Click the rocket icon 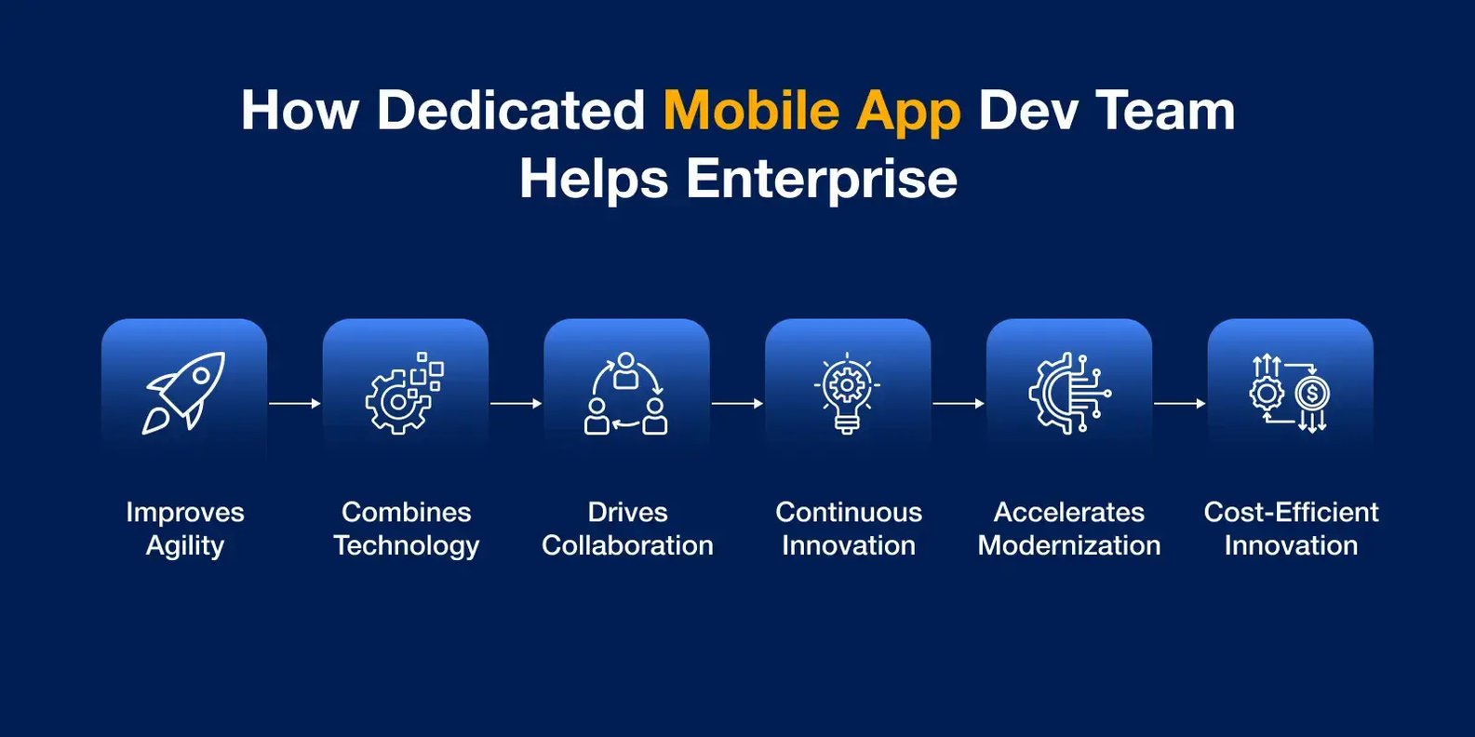pos(183,393)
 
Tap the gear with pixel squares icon pos(404,394)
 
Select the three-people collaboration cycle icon pos(625,394)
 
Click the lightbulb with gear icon pos(847,394)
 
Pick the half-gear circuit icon pos(1069,394)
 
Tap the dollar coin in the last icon pos(1312,395)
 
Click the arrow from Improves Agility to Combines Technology pos(294,403)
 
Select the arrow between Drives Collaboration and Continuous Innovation pos(737,403)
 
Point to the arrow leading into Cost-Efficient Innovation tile pos(1179,403)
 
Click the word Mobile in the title pos(751,110)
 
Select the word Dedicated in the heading pos(510,110)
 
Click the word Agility pos(185,546)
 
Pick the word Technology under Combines pos(407,546)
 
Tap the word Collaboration pos(627,545)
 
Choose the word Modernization pos(1069,545)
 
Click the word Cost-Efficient pos(1292,512)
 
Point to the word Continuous pos(849,512)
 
